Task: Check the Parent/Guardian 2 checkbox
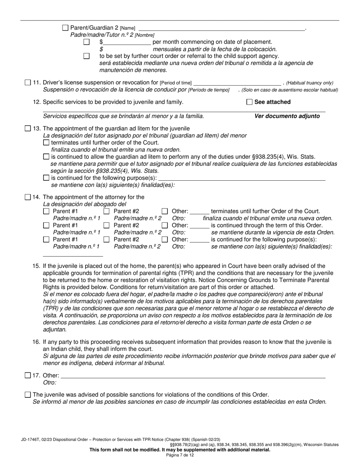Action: [x=65, y=28]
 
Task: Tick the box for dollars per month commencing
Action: [x=86, y=42]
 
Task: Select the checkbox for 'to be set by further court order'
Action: [x=86, y=56]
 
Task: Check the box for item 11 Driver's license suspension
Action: [x=28, y=83]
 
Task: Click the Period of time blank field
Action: [x=237, y=83]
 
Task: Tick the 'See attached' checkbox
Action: [x=249, y=102]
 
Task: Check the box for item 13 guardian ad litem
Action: [x=28, y=128]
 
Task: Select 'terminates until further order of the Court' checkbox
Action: [x=46, y=143]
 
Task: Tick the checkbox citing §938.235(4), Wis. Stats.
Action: [x=46, y=157]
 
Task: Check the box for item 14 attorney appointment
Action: [x=28, y=197]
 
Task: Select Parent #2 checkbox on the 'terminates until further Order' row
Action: [x=106, y=211]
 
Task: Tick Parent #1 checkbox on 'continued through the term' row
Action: [x=46, y=225]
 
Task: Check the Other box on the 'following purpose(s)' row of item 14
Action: [x=165, y=239]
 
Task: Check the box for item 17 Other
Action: [x=28, y=375]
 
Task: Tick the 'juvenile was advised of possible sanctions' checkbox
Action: [x=28, y=395]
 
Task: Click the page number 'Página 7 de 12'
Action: [x=180, y=455]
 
